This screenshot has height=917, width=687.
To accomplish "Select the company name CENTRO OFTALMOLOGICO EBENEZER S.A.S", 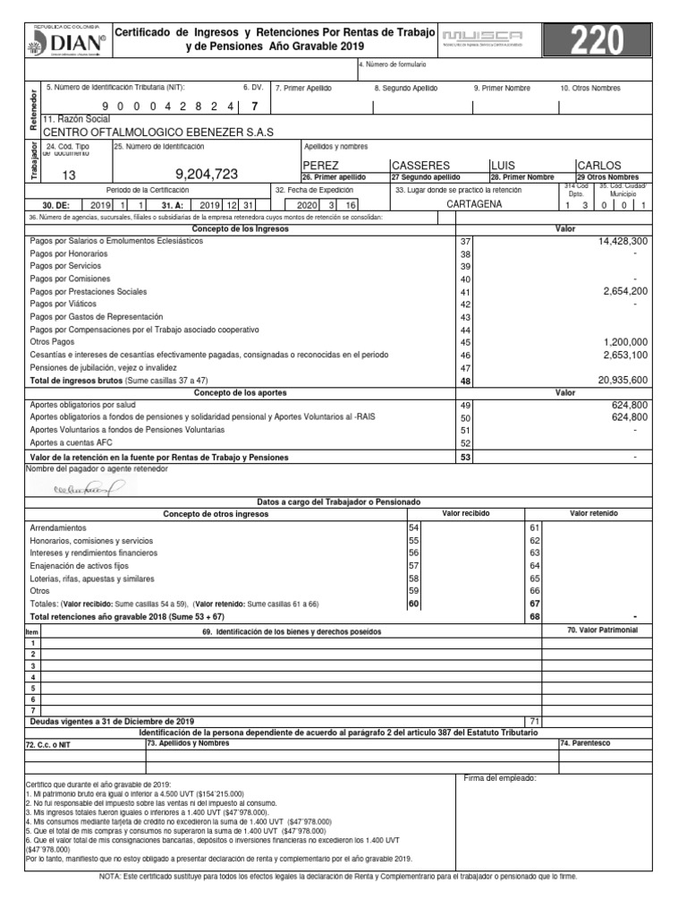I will point(164,132).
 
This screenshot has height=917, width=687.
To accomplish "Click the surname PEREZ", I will point(321,166).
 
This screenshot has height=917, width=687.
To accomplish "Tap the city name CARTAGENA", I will point(474,203).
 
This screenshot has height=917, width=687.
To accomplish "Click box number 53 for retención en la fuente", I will point(464,457).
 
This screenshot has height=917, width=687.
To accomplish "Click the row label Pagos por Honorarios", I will point(69,254).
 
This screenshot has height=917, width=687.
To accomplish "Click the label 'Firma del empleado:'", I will point(500,777).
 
